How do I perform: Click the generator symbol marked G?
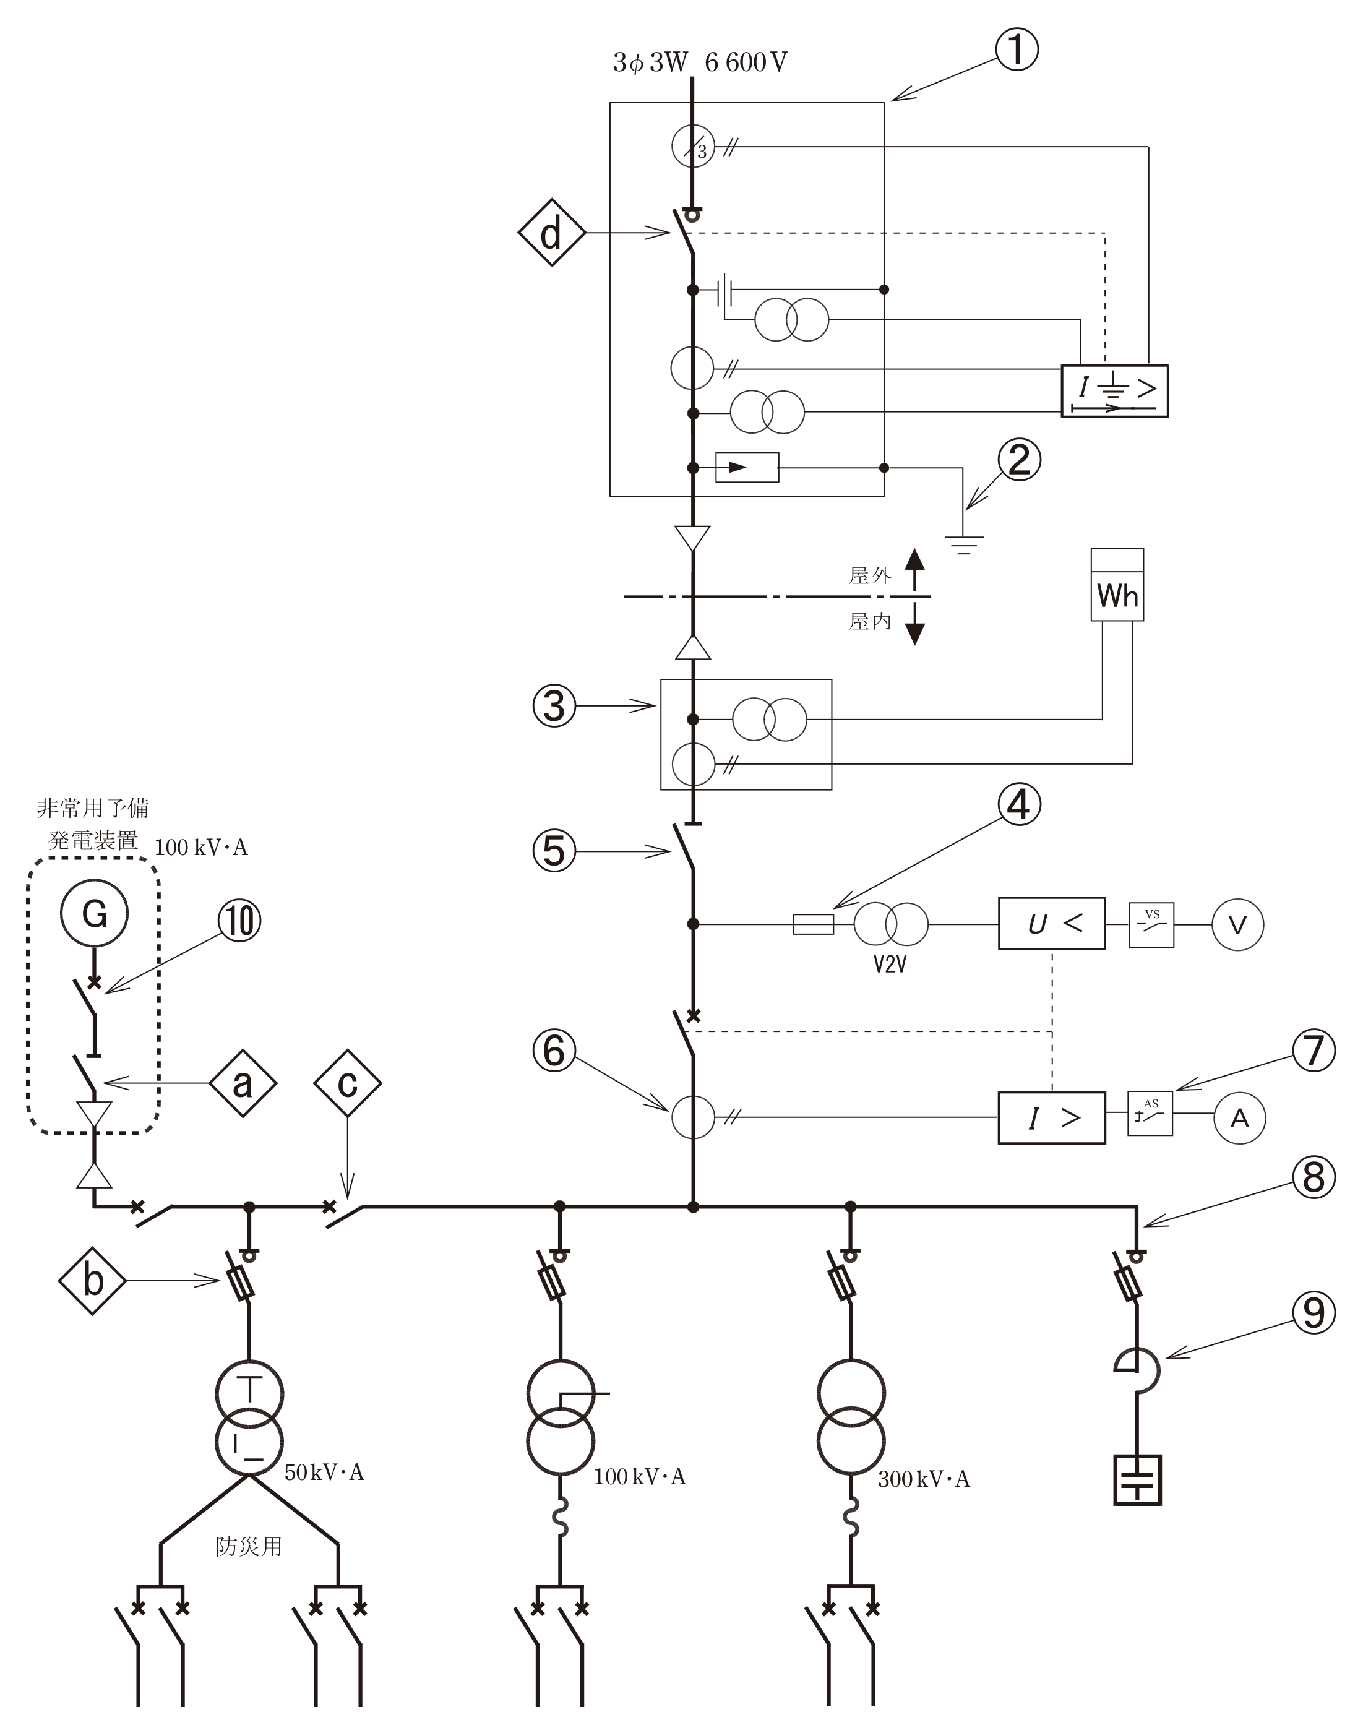94,913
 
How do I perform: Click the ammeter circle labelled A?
1239,1118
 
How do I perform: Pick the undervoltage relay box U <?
1051,923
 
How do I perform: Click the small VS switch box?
1151,925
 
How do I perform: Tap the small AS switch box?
1150,1113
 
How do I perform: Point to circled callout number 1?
1017,49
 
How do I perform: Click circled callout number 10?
240,920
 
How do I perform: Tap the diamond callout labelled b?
93,1281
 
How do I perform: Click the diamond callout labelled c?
347,1083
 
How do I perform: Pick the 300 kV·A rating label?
923,1479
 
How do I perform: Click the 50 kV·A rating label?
324,1472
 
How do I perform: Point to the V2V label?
890,965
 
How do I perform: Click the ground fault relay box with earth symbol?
1114,391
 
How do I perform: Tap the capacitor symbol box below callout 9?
1137,1480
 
